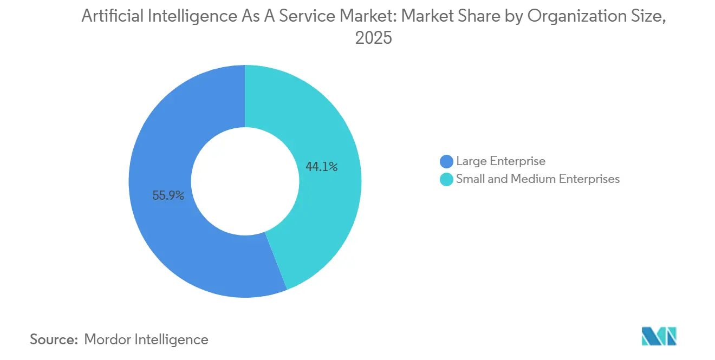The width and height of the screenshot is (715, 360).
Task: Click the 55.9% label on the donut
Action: [168, 196]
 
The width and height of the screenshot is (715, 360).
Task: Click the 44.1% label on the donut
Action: [321, 167]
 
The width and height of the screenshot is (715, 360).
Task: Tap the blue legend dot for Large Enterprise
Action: [446, 161]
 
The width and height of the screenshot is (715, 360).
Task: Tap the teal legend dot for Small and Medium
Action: [446, 179]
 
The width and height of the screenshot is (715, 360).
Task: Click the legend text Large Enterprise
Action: [500, 161]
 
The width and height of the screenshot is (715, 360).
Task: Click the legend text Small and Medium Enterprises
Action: [537, 179]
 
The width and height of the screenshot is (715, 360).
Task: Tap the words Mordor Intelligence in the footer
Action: [146, 340]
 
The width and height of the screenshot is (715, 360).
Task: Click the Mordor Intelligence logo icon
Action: [659, 336]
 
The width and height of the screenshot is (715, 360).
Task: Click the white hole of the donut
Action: [245, 181]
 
